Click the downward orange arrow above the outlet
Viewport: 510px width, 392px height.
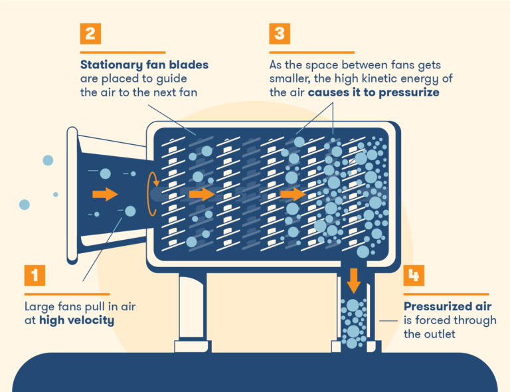(353, 281)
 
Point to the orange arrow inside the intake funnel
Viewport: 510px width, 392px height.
(104, 193)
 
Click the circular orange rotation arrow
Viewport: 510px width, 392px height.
(153, 193)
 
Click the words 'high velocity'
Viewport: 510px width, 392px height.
(76, 320)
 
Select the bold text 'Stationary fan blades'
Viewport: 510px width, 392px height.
(144, 65)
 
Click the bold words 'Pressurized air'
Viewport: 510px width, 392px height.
(448, 306)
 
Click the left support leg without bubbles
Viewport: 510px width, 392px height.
(193, 309)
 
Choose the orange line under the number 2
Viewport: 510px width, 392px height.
(123, 52)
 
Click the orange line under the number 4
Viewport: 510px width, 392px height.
(446, 294)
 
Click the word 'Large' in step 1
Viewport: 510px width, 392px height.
(39, 307)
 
